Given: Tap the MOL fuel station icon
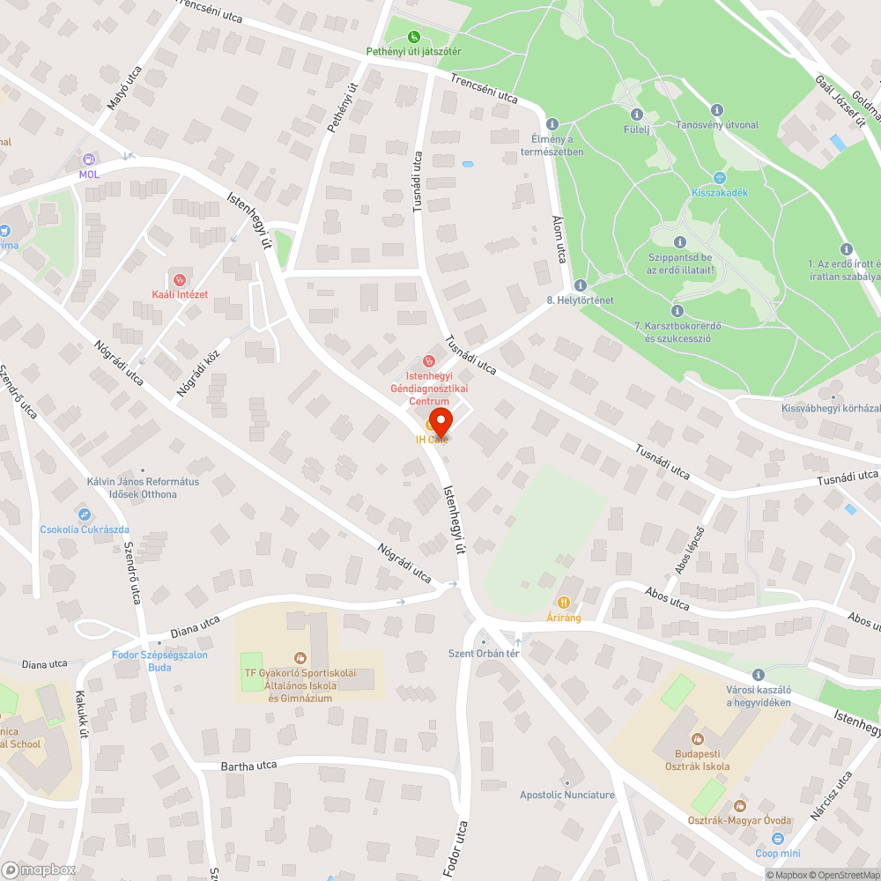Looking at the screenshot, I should [89, 159].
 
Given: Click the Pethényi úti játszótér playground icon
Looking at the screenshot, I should [414, 37].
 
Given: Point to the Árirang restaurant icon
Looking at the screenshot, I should [564, 603].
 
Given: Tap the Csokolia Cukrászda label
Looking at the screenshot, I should [85, 529].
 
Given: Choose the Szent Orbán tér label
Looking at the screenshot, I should [484, 653].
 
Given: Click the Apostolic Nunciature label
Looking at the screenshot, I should [567, 795].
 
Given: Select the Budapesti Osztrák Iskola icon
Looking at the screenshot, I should [698, 738].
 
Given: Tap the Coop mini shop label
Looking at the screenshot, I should [778, 853].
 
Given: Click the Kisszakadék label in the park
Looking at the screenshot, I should [720, 192].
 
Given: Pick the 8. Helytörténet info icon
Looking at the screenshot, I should [580, 285].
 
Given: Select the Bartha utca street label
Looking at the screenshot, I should [248, 765].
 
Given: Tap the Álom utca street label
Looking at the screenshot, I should [557, 239].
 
